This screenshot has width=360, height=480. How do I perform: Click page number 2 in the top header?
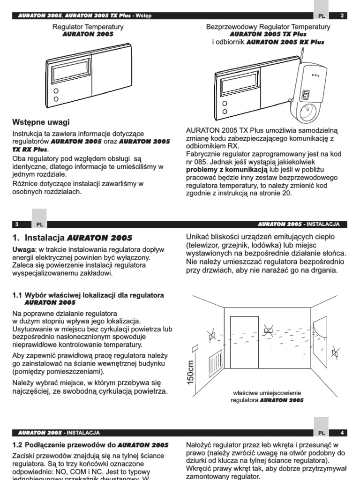pyautogui.click(x=342, y=15)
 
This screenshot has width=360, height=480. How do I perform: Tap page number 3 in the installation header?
pyautogui.click(x=16, y=224)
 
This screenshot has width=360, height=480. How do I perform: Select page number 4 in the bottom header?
pyautogui.click(x=342, y=433)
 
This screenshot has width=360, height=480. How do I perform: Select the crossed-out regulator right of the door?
pyautogui.click(x=269, y=331)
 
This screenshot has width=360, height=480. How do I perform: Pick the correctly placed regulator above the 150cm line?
pyautogui.click(x=195, y=348)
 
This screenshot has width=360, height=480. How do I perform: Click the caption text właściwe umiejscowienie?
pyautogui.click(x=267, y=392)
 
